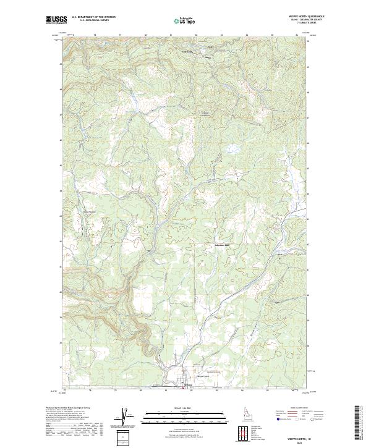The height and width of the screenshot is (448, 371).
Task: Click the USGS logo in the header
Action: [56, 20]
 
